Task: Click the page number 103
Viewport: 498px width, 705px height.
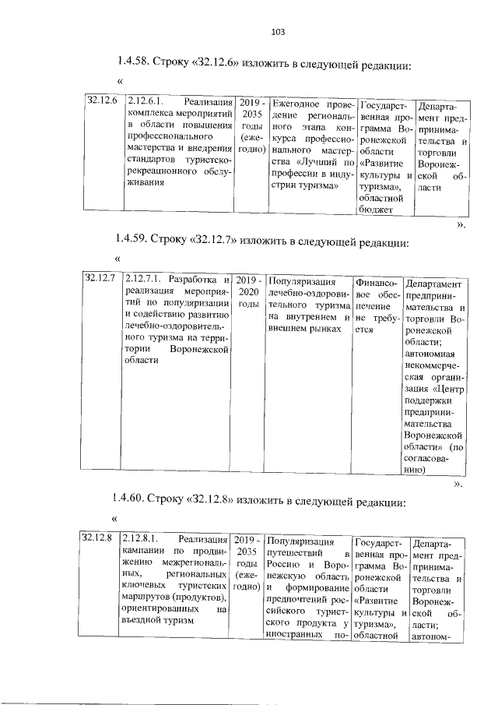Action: pyautogui.click(x=279, y=32)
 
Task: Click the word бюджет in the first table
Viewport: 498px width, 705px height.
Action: pyautogui.click(x=377, y=208)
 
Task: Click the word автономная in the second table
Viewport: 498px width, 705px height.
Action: pyautogui.click(x=430, y=354)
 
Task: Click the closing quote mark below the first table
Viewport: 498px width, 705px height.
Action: pyautogui.click(x=461, y=224)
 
